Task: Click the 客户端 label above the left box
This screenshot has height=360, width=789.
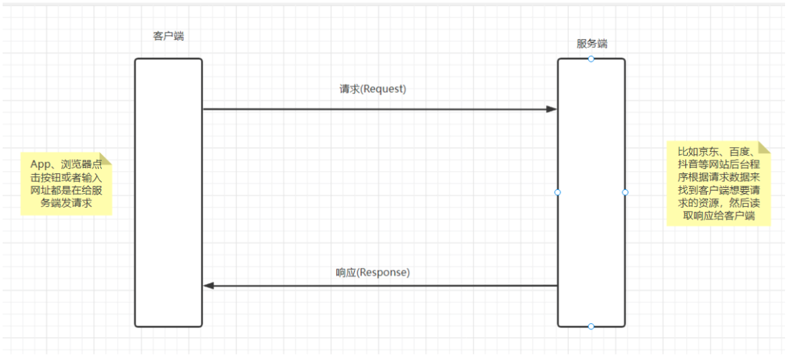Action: pyautogui.click(x=168, y=36)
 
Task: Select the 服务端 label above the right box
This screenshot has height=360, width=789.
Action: pyautogui.click(x=592, y=44)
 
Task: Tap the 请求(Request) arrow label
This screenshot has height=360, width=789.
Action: pyautogui.click(x=372, y=89)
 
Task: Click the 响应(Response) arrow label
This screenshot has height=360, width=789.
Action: pyautogui.click(x=372, y=272)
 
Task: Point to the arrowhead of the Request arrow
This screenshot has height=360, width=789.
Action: pyautogui.click(x=551, y=109)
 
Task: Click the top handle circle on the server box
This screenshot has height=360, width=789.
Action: pyautogui.click(x=591, y=59)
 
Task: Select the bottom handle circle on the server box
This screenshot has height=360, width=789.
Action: pyautogui.click(x=591, y=326)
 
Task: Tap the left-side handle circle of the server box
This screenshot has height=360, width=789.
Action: pyautogui.click(x=558, y=192)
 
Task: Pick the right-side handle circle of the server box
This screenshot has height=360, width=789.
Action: pyautogui.click(x=625, y=192)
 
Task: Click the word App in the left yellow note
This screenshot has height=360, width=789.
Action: pyautogui.click(x=41, y=164)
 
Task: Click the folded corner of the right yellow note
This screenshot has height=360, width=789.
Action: pyautogui.click(x=763, y=147)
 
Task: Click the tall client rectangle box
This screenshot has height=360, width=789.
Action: pyautogui.click(x=168, y=192)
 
